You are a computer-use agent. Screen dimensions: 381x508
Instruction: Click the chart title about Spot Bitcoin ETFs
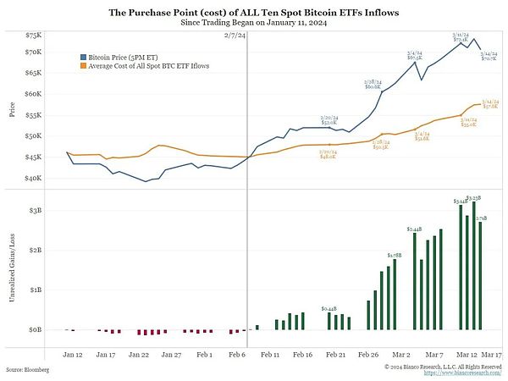(253, 12)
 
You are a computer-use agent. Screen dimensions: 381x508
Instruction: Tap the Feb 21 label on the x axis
(336, 355)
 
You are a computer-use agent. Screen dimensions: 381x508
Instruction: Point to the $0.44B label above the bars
(330, 309)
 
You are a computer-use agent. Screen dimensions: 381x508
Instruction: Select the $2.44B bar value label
(414, 229)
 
